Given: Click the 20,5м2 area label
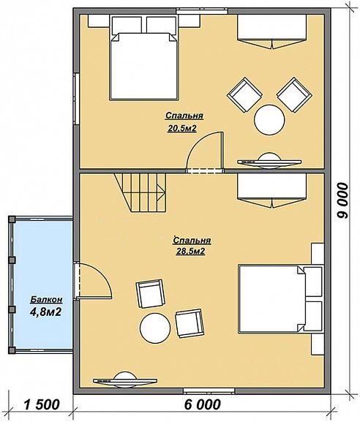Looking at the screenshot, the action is tap(181, 129).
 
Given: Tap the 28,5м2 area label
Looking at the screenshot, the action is tap(191, 252).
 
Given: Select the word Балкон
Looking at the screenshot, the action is tap(46, 300).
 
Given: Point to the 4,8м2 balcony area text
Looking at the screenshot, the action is tap(45, 312).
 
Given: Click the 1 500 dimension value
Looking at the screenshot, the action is tap(42, 404).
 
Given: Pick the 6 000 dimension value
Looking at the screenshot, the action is tap(203, 404).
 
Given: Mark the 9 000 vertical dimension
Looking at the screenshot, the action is tap(342, 200).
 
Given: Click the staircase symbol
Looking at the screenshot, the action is tap(140, 192).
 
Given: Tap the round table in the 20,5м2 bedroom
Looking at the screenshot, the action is tap(269, 120).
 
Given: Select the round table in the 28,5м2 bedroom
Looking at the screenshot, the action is tap(155, 328).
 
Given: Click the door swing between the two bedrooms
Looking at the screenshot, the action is tap(205, 151).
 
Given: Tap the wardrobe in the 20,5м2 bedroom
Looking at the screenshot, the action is tap(271, 31).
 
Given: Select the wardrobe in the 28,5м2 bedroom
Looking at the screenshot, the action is tap(271, 191).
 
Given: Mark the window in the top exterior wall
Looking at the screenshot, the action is tap(202, 11).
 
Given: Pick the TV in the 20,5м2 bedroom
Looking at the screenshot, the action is tap(269, 161).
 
